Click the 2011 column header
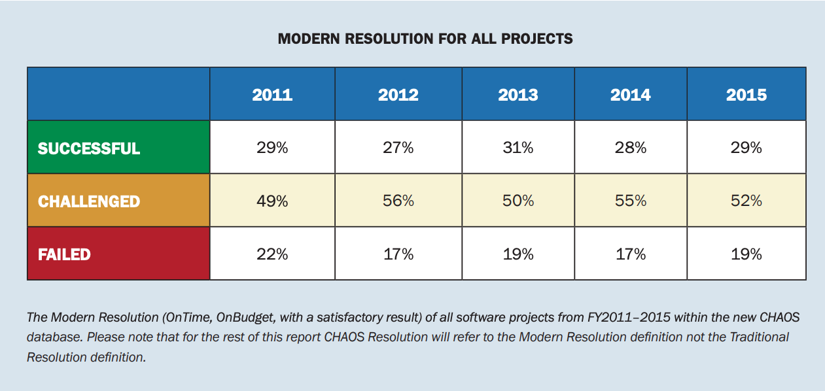[272, 95]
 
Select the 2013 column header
[518, 95]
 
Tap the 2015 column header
[746, 95]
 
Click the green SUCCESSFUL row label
[89, 148]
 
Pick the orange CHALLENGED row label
[89, 201]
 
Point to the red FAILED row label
[64, 254]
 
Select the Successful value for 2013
[518, 148]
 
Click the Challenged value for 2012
[398, 201]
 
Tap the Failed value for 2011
[272, 254]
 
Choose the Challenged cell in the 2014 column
[631, 201]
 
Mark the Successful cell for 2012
[398, 148]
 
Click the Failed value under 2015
[746, 254]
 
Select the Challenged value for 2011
[272, 201]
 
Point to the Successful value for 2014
[631, 148]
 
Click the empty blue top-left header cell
[118, 93]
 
